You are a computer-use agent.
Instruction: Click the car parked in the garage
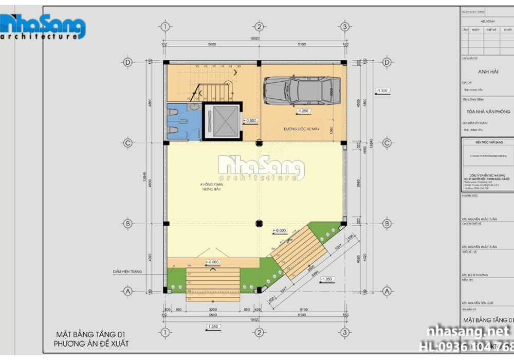pyautogui.click(x=302, y=91)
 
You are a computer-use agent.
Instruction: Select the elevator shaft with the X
pyautogui.click(x=222, y=121)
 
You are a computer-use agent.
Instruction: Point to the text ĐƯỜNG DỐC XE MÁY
pyautogui.click(x=301, y=129)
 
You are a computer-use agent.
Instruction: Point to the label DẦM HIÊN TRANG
pyautogui.click(x=128, y=271)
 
